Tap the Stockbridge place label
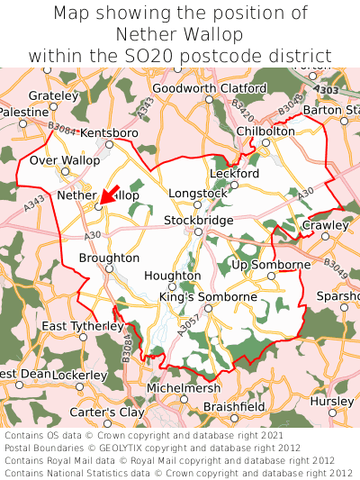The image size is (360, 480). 198,220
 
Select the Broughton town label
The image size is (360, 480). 109,258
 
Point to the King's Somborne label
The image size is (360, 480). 208,296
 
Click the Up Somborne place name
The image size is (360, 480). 271,265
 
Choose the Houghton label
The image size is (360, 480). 172,276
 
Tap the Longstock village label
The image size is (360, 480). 198,193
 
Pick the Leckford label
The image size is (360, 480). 234,173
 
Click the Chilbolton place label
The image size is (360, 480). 265,131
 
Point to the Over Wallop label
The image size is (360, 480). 64,160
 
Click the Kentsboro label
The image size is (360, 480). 109,133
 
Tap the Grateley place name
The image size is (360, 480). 53,95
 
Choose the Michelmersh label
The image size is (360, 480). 183,387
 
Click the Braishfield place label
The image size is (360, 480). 234,407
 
